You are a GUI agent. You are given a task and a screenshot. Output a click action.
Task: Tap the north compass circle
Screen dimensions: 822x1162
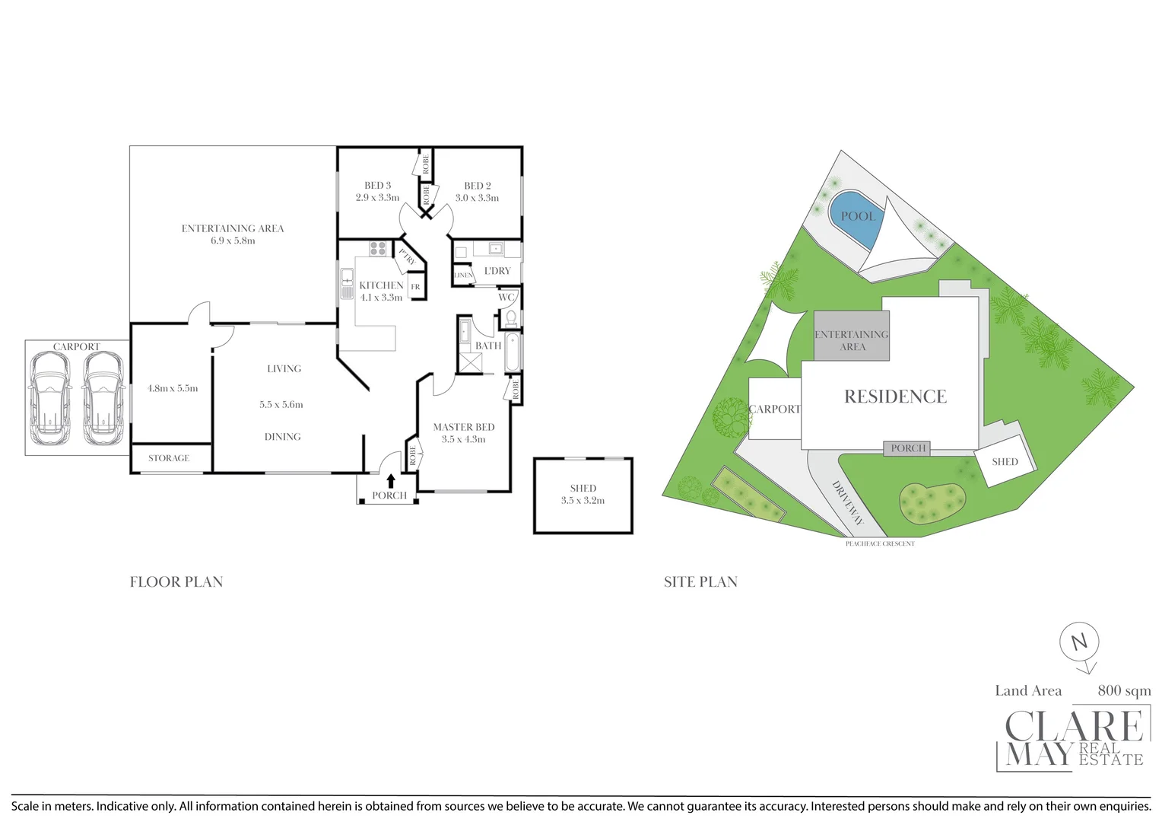click(x=1079, y=641)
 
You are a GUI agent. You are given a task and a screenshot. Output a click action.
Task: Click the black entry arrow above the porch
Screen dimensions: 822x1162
click(x=391, y=480)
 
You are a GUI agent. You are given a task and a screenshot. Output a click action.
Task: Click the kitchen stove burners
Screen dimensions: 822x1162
click(x=378, y=248)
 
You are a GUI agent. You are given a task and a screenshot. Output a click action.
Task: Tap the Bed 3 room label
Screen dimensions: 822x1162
click(x=377, y=185)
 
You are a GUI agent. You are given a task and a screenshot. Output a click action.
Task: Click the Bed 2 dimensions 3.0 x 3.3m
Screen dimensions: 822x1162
click(x=477, y=198)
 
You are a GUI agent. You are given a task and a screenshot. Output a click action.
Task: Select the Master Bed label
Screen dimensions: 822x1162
click(x=464, y=427)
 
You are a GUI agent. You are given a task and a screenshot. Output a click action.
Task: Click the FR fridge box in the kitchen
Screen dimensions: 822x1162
click(x=415, y=287)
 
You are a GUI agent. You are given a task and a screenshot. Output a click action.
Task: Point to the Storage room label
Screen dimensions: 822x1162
click(x=169, y=458)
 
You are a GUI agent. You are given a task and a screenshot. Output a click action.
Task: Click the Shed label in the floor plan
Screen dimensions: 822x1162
click(x=583, y=488)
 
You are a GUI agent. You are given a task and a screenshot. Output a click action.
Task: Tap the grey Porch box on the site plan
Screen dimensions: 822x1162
click(x=907, y=448)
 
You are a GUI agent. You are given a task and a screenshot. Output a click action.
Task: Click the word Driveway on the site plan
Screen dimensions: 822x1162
click(x=847, y=503)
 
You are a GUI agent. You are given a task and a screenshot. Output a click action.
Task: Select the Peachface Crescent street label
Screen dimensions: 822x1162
click(x=880, y=543)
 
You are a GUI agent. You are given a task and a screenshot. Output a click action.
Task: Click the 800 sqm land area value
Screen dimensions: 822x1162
click(x=1124, y=690)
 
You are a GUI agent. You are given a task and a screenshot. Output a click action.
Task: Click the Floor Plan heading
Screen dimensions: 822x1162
click(x=176, y=582)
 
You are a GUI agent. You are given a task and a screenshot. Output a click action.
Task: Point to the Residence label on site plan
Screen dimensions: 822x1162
click(x=895, y=397)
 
